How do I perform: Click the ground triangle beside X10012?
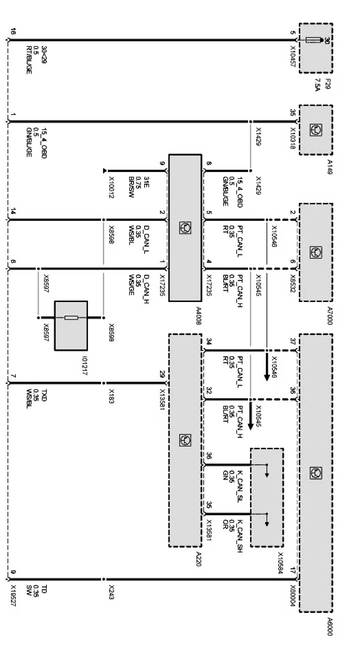pyautogui.click(x=105, y=171)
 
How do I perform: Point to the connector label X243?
pyautogui.click(x=111, y=591)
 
